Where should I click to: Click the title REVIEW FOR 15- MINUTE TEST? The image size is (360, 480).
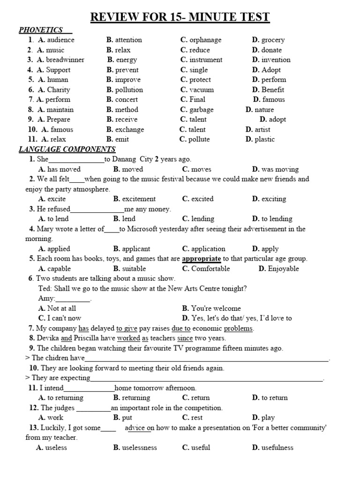[180, 17]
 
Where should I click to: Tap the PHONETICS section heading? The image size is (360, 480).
[41, 30]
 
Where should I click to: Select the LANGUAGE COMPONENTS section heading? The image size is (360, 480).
[67, 149]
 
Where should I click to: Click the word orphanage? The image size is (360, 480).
[205, 40]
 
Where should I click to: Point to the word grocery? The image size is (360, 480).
[273, 40]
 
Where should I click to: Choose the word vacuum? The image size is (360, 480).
[202, 90]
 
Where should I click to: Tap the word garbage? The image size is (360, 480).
[201, 109]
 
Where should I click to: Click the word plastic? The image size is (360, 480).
[264, 139]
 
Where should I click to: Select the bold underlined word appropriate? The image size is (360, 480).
[201, 259]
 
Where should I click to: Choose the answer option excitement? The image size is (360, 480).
[139, 199]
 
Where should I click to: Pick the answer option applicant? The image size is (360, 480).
[136, 249]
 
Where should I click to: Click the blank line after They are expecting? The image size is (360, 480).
[207, 378]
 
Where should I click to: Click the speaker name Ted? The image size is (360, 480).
[45, 288]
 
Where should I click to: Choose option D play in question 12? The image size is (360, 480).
[268, 418]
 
